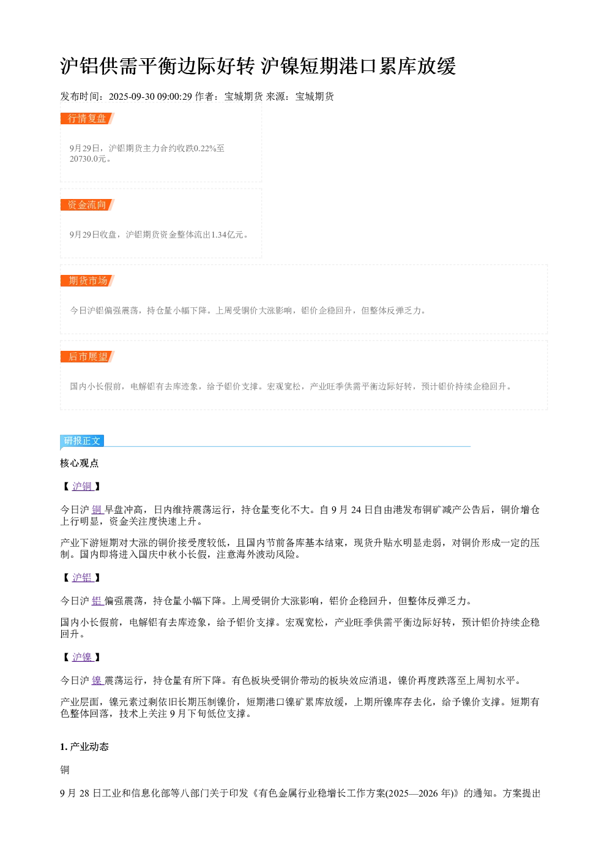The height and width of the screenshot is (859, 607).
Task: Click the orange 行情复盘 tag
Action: tap(88, 119)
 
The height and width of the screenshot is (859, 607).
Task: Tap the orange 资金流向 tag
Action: tap(88, 204)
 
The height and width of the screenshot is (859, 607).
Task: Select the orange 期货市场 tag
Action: tap(88, 280)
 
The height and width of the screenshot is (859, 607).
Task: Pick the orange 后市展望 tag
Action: tap(88, 356)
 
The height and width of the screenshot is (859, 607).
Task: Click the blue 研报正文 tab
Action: tap(82, 441)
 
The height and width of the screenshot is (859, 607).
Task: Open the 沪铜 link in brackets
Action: tap(82, 486)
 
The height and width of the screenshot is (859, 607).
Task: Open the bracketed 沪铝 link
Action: tap(82, 577)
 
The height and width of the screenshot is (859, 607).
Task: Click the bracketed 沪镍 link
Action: tap(82, 658)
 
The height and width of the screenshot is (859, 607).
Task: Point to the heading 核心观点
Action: tap(80, 463)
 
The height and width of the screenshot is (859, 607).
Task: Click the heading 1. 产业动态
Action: tap(84, 746)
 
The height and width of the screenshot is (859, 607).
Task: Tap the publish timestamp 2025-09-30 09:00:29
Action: tap(150, 96)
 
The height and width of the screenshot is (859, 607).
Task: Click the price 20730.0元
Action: tap(88, 159)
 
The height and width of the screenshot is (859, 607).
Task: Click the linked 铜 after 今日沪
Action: tap(97, 509)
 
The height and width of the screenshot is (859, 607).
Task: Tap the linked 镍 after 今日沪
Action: tap(97, 680)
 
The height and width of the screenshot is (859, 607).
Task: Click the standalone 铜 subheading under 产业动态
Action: tap(65, 770)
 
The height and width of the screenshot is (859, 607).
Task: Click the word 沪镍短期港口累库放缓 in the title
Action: tap(359, 66)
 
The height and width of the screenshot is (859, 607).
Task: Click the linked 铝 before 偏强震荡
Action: tap(97, 601)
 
